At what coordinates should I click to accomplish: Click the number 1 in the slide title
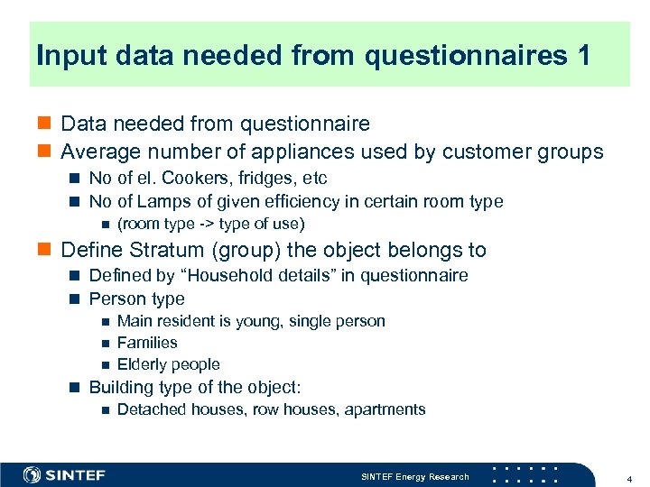point(581,56)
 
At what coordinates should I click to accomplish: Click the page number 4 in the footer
point(629,476)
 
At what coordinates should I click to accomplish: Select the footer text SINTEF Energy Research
point(414,476)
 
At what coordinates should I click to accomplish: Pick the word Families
point(147,343)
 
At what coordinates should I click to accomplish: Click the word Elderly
point(145,364)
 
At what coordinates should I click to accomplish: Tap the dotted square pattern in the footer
point(526,474)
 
